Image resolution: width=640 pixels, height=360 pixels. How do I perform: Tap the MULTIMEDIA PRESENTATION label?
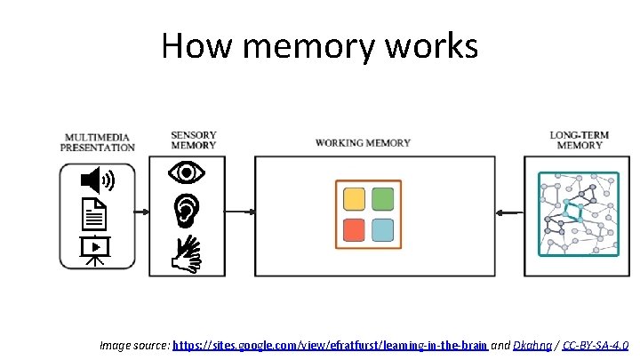[x=99, y=142]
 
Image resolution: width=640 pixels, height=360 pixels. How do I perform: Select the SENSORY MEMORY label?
[x=193, y=140]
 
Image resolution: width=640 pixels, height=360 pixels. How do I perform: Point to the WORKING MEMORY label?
[x=363, y=142]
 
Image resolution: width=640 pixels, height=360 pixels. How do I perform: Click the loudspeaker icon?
[x=97, y=181]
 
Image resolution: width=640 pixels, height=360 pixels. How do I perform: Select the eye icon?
[x=187, y=172]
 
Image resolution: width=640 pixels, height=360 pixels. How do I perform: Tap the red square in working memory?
[x=354, y=229]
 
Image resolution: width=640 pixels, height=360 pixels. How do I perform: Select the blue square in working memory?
[x=382, y=229]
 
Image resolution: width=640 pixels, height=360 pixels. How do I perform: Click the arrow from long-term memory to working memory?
[x=511, y=212]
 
